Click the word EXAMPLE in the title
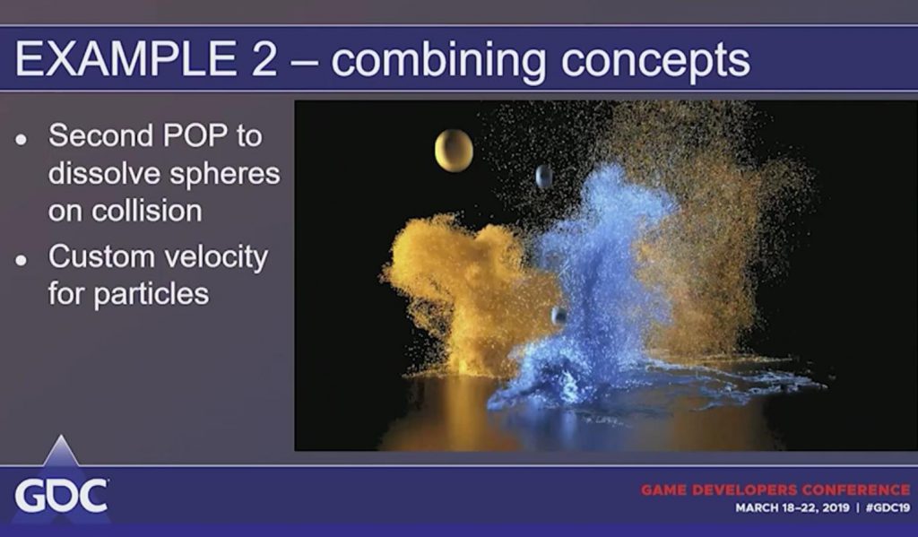tap(126, 58)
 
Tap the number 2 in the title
tap(264, 58)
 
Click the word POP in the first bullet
tap(195, 135)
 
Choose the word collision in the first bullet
tap(147, 211)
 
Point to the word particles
tap(152, 294)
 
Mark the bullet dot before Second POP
tap(22, 139)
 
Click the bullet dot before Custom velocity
tap(22, 260)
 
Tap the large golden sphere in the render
tap(454, 151)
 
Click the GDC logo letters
tap(62, 496)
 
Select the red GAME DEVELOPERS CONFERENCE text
tap(775, 489)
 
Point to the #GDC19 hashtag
tap(888, 507)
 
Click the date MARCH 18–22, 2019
tap(792, 507)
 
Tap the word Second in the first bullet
tap(100, 135)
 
